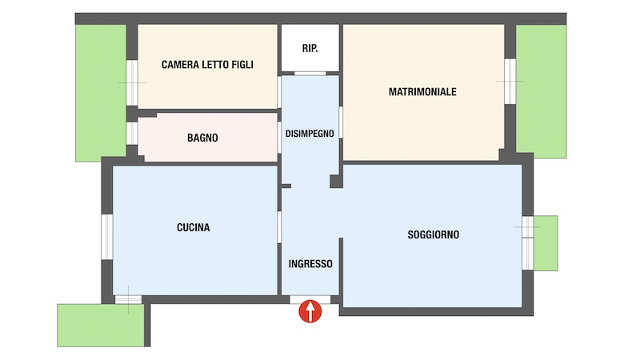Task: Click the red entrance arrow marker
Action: pos(310,311)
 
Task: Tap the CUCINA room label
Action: pos(193,227)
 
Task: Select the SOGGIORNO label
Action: pos(433,234)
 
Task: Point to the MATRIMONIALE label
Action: pos(422,92)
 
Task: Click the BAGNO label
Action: pos(202,138)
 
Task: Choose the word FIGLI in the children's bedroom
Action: pos(242,65)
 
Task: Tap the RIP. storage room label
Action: pos(310,48)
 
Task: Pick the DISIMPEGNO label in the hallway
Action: pos(310,134)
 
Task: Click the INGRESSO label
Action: pos(310,264)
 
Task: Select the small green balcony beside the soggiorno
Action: pos(546,243)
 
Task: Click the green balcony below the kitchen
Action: pos(101,326)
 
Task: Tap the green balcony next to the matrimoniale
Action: pos(542,91)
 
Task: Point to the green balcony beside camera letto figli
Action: pos(101,93)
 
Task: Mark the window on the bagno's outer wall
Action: pos(132,133)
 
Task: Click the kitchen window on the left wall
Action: pos(107,237)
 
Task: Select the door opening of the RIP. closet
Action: pos(310,74)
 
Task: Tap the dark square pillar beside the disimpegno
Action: pos(336,182)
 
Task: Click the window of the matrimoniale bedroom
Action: pos(510,82)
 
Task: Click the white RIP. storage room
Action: pos(310,48)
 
